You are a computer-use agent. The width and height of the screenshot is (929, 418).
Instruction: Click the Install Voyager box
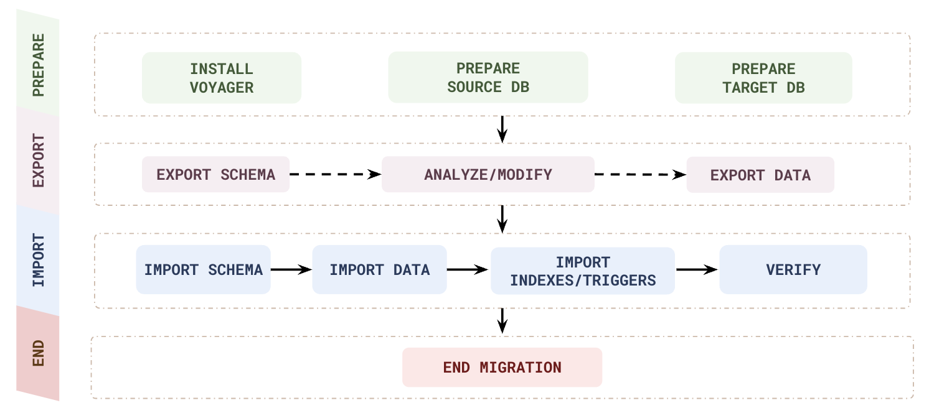[222, 78]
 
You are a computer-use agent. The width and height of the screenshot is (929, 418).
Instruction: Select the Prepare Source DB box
[488, 78]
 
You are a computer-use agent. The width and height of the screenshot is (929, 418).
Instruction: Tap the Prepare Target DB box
[763, 78]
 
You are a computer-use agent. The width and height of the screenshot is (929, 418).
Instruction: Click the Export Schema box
[216, 174]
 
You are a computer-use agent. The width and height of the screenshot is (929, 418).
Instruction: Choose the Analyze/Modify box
[488, 174]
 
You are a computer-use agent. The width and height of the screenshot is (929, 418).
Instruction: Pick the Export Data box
[760, 175]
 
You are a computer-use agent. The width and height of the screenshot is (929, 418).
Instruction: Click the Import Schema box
[203, 270]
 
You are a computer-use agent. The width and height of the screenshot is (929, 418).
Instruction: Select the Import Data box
[379, 270]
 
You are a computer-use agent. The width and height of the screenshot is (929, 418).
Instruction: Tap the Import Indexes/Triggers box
[583, 271]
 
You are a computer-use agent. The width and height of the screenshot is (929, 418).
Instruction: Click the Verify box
[793, 270]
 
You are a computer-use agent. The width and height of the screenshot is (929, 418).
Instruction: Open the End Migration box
[502, 368]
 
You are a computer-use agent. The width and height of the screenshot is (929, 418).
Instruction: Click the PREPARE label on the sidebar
[38, 65]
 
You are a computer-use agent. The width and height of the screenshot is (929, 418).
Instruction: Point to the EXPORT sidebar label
[38, 160]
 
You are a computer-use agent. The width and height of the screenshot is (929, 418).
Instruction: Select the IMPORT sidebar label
[38, 260]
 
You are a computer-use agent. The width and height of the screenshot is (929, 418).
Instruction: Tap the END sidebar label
[38, 353]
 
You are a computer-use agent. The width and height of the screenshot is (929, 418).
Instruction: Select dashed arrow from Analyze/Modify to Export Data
[640, 175]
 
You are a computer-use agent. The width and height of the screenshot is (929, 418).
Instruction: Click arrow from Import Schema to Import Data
[291, 270]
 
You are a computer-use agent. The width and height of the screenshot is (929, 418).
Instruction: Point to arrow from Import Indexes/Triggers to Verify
[697, 270]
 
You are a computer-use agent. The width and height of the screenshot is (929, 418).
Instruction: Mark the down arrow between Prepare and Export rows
[502, 129]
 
